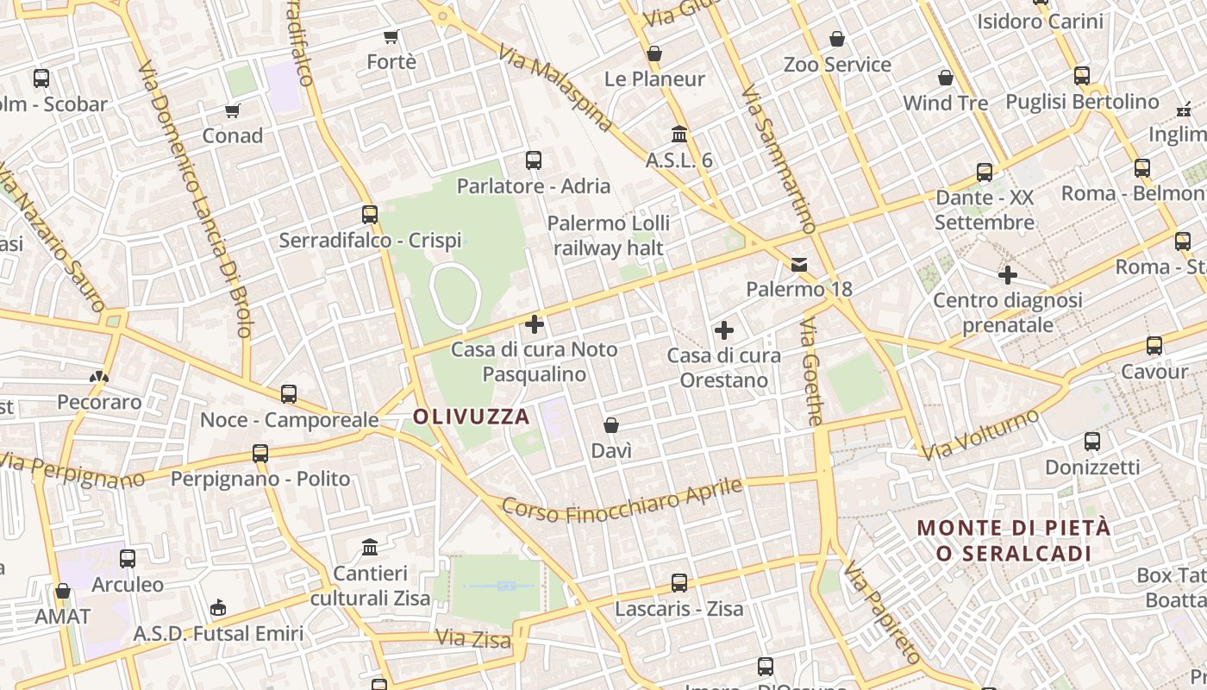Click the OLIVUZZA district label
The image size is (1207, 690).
[x=471, y=417]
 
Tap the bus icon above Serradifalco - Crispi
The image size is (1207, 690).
[x=370, y=215]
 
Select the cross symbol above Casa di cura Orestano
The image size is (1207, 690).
[x=724, y=330]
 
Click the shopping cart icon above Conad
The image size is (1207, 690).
[x=232, y=110]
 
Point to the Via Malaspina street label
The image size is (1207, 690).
[x=556, y=88]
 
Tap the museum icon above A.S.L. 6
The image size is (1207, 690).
[x=679, y=135]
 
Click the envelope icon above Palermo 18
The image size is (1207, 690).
[x=799, y=264]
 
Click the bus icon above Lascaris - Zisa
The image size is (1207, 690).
[x=679, y=583]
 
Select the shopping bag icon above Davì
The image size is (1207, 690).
[x=611, y=425]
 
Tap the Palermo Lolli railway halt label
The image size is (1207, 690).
[x=609, y=235]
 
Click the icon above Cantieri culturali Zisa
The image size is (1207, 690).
[x=371, y=547]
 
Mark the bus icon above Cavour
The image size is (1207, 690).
[x=1154, y=347]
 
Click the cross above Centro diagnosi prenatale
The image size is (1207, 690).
[x=1008, y=275]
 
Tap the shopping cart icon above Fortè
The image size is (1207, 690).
[x=391, y=36]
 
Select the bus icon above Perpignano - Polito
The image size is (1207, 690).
[x=260, y=454]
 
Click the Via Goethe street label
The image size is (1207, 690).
[x=812, y=372]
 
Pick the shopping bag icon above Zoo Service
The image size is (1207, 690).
[x=837, y=39]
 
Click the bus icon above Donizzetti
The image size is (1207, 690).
[x=1092, y=442]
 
